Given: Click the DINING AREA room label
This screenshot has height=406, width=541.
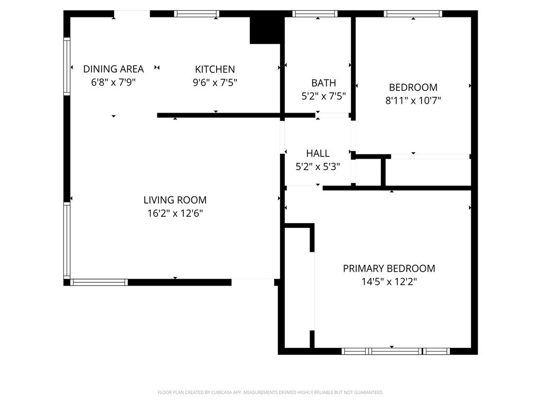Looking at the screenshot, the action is [114, 69].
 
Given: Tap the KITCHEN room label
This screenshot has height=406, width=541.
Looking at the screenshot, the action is [215, 69].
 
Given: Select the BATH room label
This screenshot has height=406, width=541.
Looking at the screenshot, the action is [324, 83].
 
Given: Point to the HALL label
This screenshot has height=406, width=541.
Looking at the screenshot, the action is [318, 153].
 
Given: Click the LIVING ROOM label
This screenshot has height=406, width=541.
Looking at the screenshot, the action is [175, 200].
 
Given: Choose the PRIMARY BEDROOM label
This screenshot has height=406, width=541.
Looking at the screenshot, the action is [389, 268].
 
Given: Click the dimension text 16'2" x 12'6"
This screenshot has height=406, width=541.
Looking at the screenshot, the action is [175, 214].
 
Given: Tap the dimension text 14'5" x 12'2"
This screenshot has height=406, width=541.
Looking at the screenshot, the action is [389, 282].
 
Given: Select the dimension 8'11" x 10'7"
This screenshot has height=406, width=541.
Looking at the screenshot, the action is [413, 100].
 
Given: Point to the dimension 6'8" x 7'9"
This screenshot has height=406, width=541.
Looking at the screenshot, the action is [113, 82].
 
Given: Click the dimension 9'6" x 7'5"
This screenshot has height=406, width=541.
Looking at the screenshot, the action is [214, 82].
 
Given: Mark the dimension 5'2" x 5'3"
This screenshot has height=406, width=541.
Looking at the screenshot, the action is [318, 167].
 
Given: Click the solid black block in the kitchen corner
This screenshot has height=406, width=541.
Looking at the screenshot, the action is [265, 30].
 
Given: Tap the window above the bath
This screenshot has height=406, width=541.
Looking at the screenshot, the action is [315, 14].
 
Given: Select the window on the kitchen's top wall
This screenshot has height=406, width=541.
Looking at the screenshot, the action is [197, 14].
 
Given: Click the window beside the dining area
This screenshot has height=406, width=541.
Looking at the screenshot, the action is [67, 66].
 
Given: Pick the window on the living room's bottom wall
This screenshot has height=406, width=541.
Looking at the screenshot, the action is [99, 282].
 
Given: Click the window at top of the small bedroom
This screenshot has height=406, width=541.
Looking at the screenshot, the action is [413, 14].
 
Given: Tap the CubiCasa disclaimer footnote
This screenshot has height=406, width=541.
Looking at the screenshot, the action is [270, 393].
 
